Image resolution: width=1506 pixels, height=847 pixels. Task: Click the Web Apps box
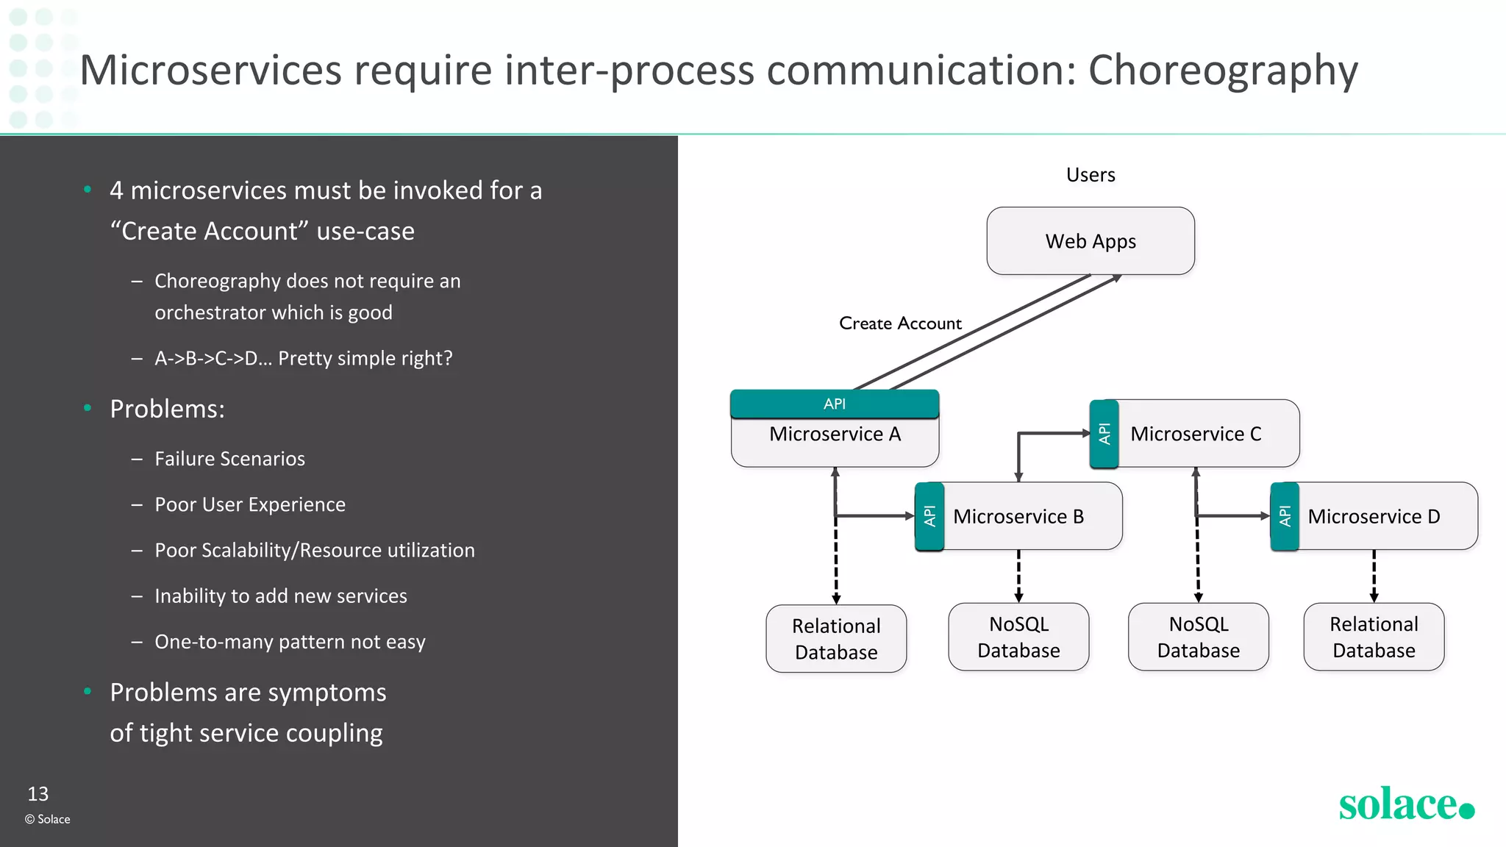point(1091,241)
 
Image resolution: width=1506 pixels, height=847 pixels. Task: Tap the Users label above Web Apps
point(1091,175)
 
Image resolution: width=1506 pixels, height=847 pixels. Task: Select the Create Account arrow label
point(900,324)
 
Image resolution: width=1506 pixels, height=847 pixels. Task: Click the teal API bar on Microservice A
point(835,404)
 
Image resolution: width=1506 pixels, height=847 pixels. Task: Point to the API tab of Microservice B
point(929,516)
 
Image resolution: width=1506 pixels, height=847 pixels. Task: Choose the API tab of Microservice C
point(1104,434)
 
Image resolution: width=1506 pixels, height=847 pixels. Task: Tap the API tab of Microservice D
point(1285,516)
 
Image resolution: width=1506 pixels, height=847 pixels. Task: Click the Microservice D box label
point(1374,516)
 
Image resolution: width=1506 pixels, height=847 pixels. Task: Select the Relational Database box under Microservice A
point(836,639)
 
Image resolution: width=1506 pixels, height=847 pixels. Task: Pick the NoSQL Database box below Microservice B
point(1018,637)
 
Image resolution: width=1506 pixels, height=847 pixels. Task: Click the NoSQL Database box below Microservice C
point(1198,637)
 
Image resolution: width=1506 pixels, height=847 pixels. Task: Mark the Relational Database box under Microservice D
point(1374,637)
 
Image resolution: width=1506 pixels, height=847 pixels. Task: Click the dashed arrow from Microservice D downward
point(1374,576)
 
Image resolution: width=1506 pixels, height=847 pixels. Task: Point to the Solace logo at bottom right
point(1405,804)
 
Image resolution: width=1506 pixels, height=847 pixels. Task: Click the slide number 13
point(38,794)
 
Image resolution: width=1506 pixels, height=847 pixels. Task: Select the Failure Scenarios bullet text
point(229,459)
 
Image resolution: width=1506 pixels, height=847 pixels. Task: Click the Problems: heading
point(167,409)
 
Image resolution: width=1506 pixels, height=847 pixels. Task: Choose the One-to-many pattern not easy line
point(290,642)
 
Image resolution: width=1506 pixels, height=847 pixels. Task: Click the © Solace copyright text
point(48,819)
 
